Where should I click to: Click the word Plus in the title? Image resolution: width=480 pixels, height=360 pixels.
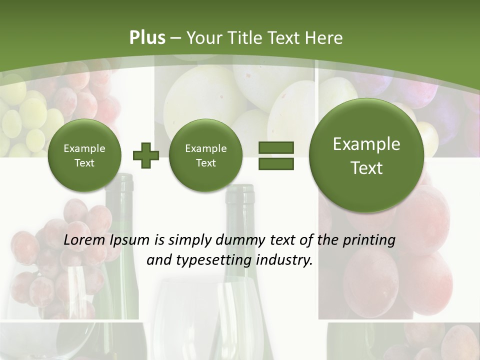point(147,38)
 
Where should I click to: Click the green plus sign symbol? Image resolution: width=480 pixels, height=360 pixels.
point(146,155)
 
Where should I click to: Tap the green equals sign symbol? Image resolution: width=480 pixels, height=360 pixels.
point(276,155)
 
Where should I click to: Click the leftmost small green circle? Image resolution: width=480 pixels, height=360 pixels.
point(84,155)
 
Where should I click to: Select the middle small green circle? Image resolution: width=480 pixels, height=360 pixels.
point(205,155)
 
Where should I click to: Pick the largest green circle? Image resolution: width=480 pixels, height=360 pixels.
point(366,155)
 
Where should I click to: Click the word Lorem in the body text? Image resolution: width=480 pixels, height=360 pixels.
point(85,240)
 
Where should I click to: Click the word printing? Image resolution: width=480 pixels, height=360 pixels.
point(370,240)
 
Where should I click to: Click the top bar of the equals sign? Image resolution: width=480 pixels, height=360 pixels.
point(276,147)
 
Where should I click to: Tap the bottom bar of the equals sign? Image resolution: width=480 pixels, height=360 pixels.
point(276,163)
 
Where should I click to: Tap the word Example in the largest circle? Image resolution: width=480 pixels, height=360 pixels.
point(366,144)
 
